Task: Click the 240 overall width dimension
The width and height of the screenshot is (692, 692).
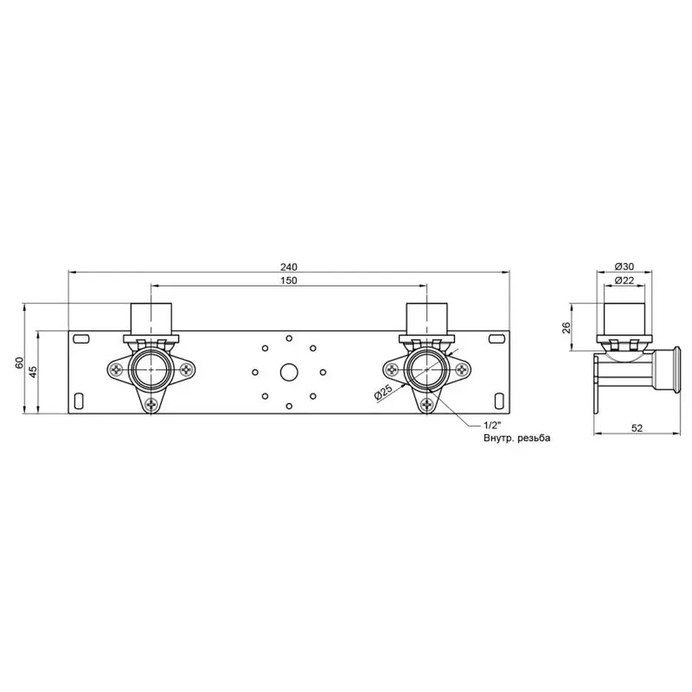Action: [x=288, y=266]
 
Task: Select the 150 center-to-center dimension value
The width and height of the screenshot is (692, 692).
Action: [x=288, y=281]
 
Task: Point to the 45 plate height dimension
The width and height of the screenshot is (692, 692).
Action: [x=34, y=371]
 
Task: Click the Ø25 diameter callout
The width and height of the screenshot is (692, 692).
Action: [x=384, y=392]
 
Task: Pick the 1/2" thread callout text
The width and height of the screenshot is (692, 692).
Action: [x=492, y=425]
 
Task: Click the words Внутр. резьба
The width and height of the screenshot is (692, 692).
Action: [x=517, y=438]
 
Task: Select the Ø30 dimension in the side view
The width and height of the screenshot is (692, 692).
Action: [x=624, y=266]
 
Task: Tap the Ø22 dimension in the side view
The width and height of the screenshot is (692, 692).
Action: [x=624, y=281]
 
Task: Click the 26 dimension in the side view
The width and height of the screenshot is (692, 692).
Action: [x=567, y=327]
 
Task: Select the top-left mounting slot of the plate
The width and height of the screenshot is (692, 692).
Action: [x=79, y=338]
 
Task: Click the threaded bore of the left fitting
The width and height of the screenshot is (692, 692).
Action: [x=151, y=371]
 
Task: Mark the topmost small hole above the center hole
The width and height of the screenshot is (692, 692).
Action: [x=288, y=338]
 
